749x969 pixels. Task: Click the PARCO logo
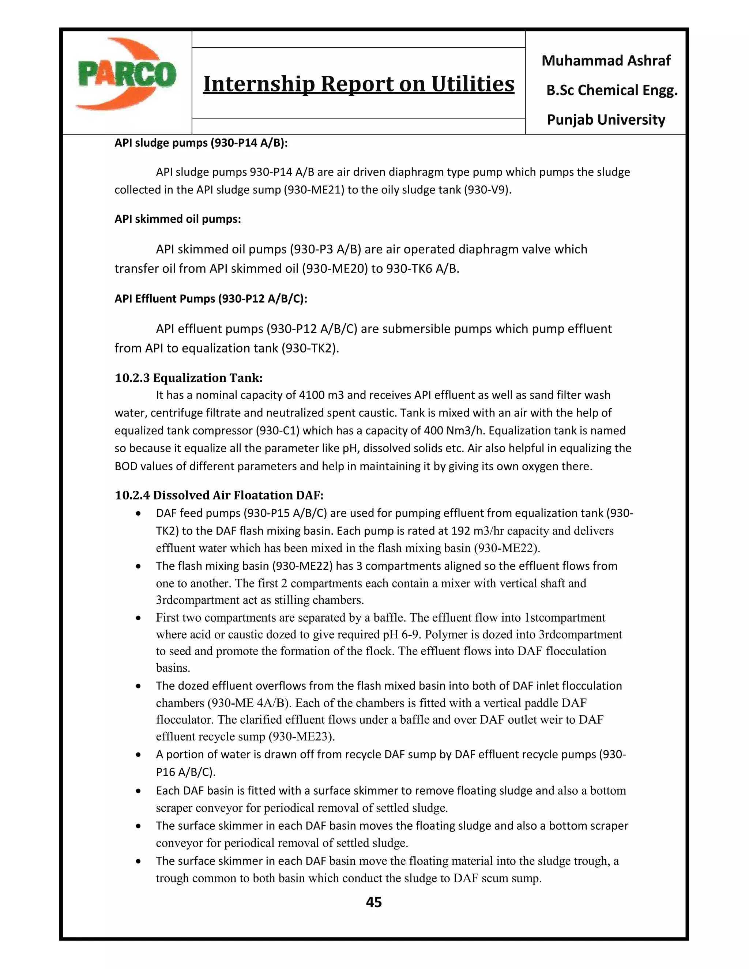pyautogui.click(x=127, y=75)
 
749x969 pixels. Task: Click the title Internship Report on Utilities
pyautogui.click(x=358, y=84)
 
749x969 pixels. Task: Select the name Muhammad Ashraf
pyautogui.click(x=606, y=60)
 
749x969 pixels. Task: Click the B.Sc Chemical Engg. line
pyautogui.click(x=611, y=90)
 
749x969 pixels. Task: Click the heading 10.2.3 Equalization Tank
pyautogui.click(x=189, y=378)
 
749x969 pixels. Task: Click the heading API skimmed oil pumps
pyautogui.click(x=177, y=219)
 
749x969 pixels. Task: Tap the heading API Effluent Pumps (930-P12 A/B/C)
pyautogui.click(x=211, y=299)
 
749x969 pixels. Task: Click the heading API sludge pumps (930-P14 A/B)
pyautogui.click(x=201, y=143)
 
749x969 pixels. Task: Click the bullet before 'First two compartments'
pyautogui.click(x=139, y=618)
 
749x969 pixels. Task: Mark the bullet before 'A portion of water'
pyautogui.click(x=139, y=755)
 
